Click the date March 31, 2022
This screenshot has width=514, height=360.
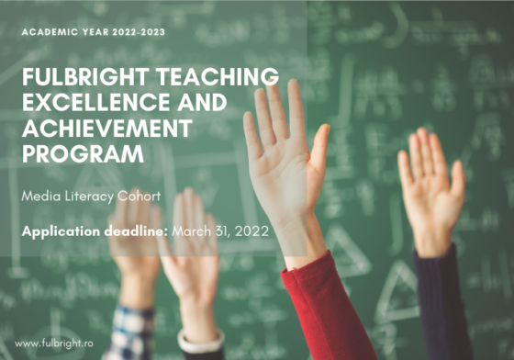[219, 231]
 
